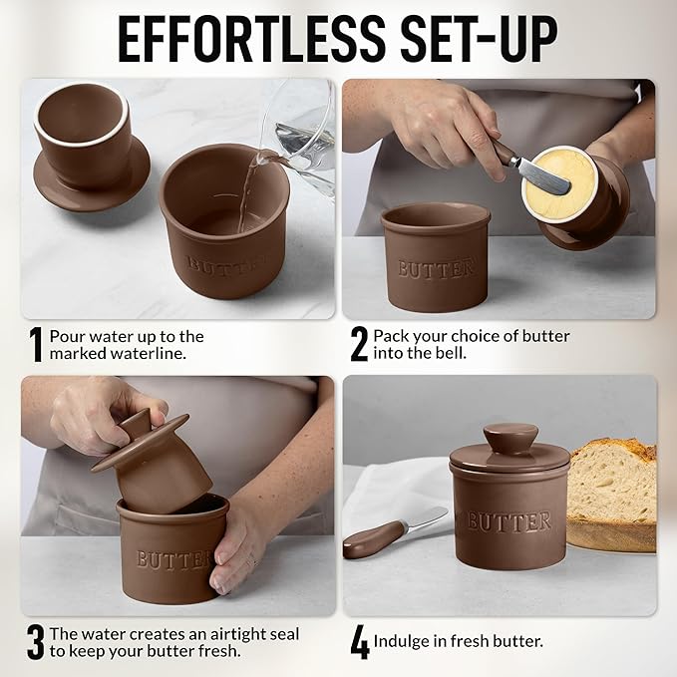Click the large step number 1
[x=36, y=345]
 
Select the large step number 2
[x=359, y=345]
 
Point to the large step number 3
[x=36, y=642]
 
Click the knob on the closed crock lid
[x=509, y=438]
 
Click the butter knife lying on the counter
[x=394, y=532]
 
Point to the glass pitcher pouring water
[x=300, y=130]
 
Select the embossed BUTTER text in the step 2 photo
[x=436, y=269]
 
